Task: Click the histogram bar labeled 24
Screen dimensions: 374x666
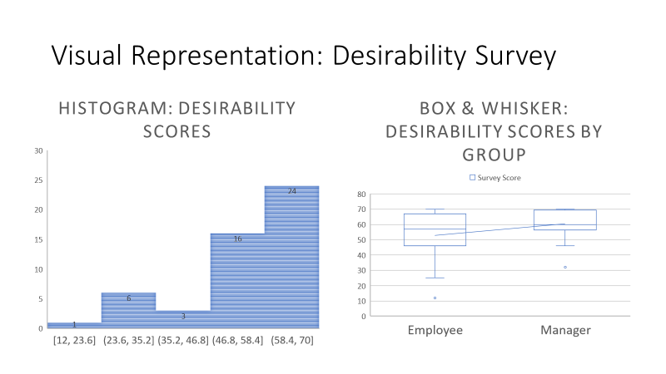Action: click(x=291, y=257)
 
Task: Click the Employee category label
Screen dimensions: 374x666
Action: click(x=435, y=331)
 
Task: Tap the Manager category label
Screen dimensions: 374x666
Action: click(x=565, y=331)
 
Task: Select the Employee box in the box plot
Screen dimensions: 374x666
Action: click(x=435, y=229)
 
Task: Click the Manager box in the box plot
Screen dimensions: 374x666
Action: click(x=565, y=219)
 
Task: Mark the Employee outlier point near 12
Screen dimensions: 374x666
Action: click(x=435, y=298)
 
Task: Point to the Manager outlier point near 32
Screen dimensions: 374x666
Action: click(x=565, y=267)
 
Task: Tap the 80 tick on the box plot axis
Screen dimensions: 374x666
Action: click(x=362, y=194)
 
